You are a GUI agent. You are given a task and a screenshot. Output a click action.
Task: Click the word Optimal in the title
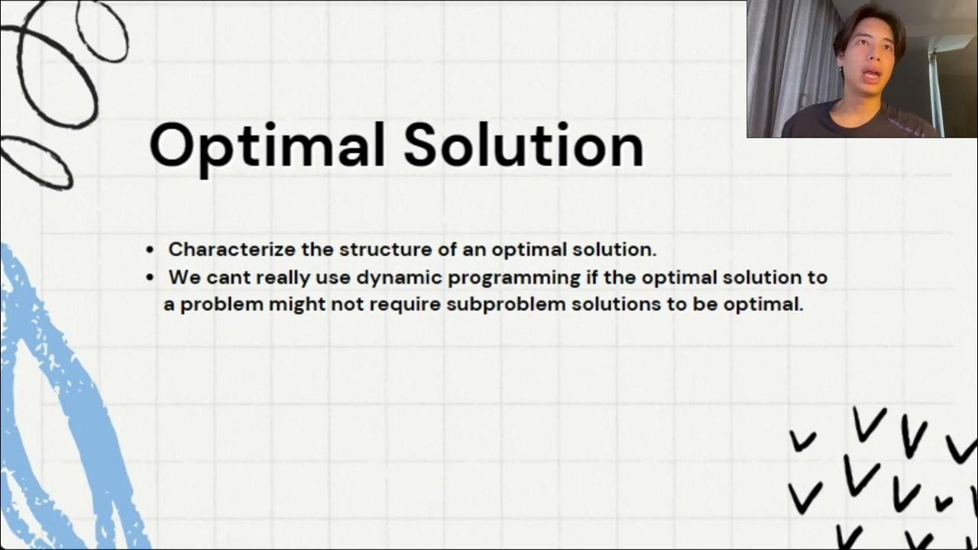[x=268, y=145]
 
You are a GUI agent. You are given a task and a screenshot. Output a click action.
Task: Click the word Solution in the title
[x=523, y=145]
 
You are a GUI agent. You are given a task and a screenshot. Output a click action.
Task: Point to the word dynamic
[x=393, y=277]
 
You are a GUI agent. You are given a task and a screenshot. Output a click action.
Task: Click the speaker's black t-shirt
[x=863, y=122]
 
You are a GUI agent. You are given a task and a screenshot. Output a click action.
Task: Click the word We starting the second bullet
[x=183, y=277]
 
